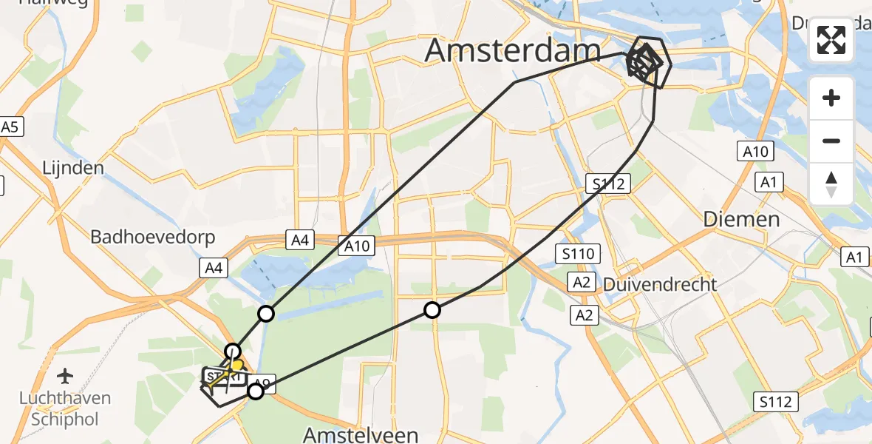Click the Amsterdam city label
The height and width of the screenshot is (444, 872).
[x=513, y=51]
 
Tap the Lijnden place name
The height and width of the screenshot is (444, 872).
[x=72, y=168]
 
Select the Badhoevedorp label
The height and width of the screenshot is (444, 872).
[x=152, y=238]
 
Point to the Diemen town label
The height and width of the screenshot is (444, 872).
[x=741, y=219]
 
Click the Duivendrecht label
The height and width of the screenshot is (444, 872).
[x=660, y=284]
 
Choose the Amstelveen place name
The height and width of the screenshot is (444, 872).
[x=362, y=434]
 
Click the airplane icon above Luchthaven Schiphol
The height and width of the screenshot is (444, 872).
[x=66, y=376]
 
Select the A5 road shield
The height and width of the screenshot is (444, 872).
[x=9, y=127]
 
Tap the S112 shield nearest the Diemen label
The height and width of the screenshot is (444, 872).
[x=610, y=184]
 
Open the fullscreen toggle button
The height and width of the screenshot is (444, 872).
[x=831, y=40]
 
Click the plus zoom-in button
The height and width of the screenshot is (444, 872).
[x=831, y=98]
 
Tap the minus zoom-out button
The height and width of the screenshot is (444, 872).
[x=831, y=141]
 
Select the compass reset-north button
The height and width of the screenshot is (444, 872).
[x=831, y=184]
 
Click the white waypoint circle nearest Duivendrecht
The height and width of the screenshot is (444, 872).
[x=432, y=310]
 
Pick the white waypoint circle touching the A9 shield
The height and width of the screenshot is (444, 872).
[x=255, y=391]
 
